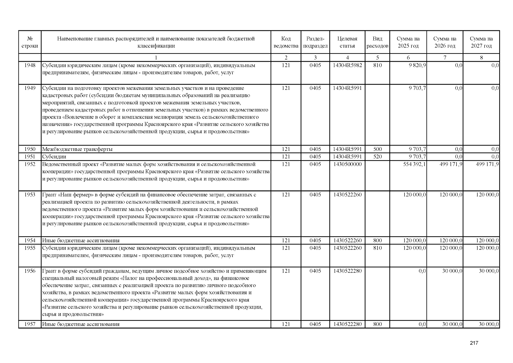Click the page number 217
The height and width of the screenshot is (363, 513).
(x=474, y=343)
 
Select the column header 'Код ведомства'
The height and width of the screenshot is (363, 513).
(x=286, y=42)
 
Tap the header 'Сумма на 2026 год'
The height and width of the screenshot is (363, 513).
(x=445, y=42)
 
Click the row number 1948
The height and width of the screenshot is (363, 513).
(x=30, y=65)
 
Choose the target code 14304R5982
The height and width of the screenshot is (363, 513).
(x=347, y=65)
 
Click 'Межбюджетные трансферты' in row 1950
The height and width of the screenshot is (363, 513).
(x=77, y=149)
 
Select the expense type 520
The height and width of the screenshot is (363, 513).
(x=377, y=157)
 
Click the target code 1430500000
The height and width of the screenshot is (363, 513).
(x=347, y=164)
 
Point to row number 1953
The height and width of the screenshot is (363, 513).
(x=30, y=195)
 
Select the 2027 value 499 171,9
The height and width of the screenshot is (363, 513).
(x=487, y=164)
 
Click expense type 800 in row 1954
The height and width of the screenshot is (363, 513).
(x=377, y=241)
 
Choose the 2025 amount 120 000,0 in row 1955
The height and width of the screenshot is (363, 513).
(x=414, y=248)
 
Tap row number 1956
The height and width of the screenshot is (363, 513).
(x=30, y=271)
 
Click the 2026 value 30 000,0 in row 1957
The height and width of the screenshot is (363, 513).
(x=452, y=324)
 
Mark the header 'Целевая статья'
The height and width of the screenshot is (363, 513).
(x=347, y=42)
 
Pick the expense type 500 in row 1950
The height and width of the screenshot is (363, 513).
(x=377, y=149)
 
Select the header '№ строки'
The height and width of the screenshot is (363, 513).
(x=30, y=42)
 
